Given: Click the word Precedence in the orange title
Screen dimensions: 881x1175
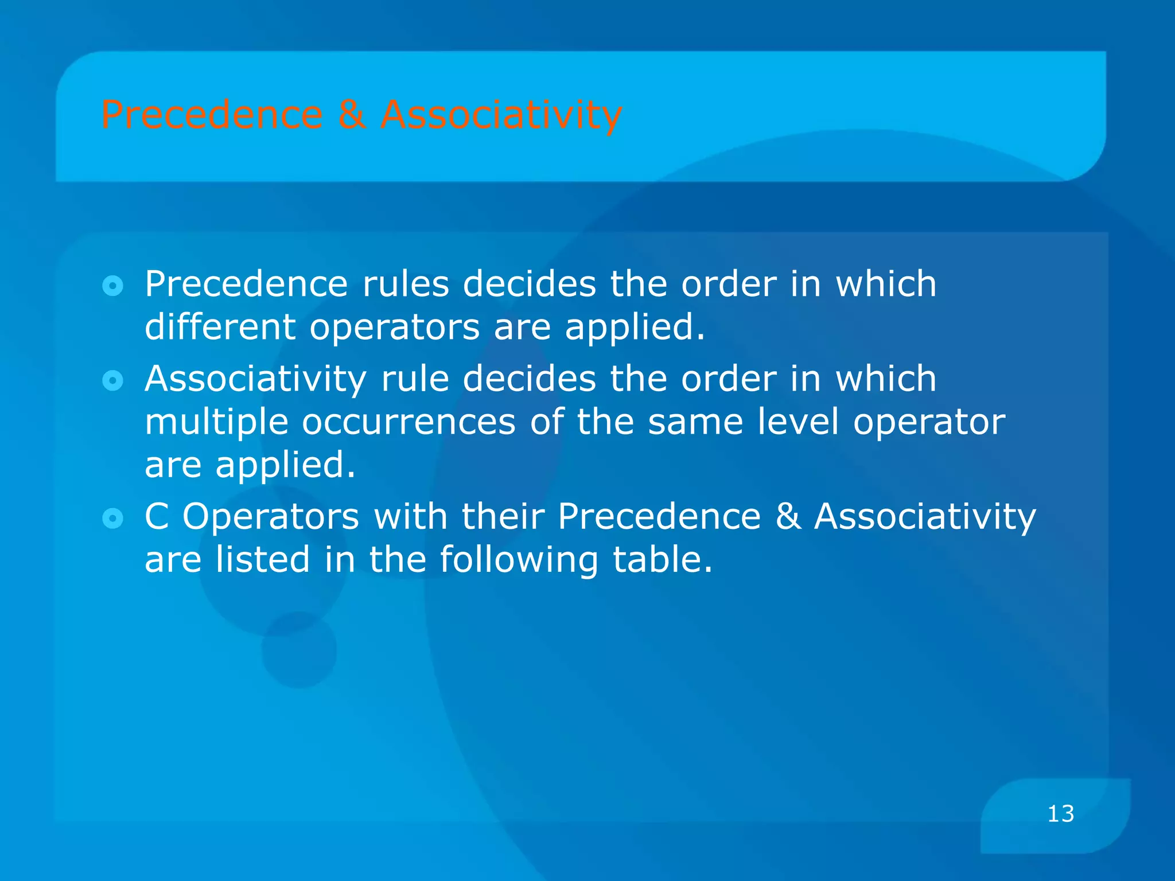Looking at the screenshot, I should tap(212, 115).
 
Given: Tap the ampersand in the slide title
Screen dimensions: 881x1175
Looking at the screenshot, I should tap(352, 115).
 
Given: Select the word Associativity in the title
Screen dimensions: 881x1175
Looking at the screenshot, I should tap(501, 115).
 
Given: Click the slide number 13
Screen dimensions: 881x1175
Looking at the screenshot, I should tap(1060, 814).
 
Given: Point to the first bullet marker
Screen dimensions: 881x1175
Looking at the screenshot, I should tap(112, 286).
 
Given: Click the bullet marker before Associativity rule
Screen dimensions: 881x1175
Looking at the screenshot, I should tap(112, 380).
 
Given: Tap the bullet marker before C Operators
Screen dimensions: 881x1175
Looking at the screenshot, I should tap(112, 519).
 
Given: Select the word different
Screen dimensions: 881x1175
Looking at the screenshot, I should tap(220, 327).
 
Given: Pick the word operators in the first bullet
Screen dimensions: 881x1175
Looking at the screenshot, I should tap(395, 328).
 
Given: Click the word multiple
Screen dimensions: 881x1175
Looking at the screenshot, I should tap(216, 423).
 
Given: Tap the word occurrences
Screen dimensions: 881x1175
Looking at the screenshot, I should tap(408, 423).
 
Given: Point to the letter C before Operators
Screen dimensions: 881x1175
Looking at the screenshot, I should tap(157, 516).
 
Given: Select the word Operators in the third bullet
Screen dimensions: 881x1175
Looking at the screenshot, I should tap(271, 517).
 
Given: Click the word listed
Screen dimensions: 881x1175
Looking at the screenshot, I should tap(263, 559).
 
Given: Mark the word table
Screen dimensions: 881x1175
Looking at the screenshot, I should tap(663, 559).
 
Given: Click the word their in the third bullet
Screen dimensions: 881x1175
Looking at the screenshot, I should tap(503, 516).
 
